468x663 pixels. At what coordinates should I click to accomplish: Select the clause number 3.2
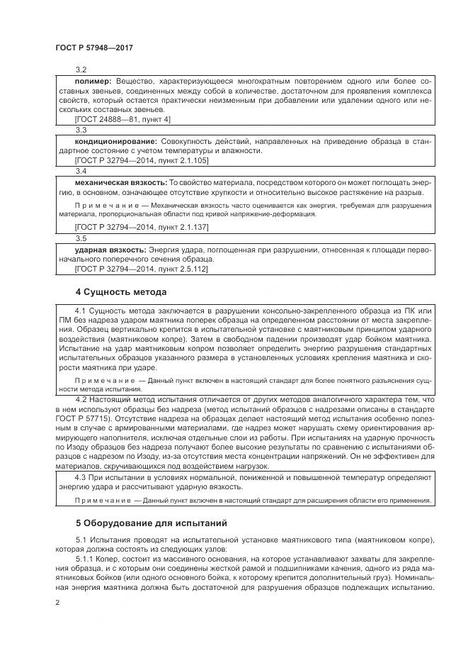coord(81,71)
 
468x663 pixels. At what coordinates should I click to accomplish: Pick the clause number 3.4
coord(81,171)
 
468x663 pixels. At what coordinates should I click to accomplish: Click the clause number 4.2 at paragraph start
coord(81,401)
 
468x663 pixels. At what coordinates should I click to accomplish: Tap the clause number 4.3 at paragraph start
coord(81,477)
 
